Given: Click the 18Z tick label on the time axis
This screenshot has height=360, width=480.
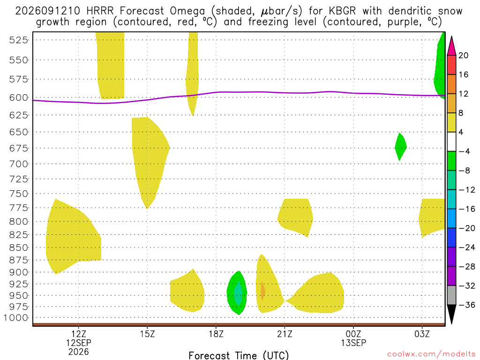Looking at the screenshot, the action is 216,334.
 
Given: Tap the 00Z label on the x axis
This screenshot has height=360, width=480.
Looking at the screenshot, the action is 353,334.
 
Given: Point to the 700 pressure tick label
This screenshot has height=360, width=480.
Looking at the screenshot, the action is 19,164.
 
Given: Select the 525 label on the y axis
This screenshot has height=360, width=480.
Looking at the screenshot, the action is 19,40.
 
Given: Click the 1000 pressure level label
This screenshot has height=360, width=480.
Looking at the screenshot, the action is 16,318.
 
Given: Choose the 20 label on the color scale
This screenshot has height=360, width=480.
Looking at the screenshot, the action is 464,55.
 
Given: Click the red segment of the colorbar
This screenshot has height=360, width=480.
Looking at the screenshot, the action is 451,65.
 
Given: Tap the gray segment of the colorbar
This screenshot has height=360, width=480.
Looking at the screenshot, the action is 451,295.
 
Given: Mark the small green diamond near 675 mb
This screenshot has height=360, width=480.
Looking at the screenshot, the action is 400,147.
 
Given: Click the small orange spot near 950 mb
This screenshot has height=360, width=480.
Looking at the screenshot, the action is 262,291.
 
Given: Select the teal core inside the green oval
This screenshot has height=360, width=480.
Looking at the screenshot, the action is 238,293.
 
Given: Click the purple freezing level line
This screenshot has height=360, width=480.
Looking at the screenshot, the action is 239,92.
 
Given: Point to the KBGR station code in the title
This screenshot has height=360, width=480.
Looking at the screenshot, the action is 342,11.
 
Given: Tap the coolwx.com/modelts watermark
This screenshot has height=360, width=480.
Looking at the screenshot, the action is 431,354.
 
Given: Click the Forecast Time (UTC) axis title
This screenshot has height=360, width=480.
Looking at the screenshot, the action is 239,355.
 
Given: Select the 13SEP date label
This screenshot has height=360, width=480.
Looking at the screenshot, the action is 353,343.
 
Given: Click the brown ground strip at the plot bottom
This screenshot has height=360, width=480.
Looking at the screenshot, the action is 239,324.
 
